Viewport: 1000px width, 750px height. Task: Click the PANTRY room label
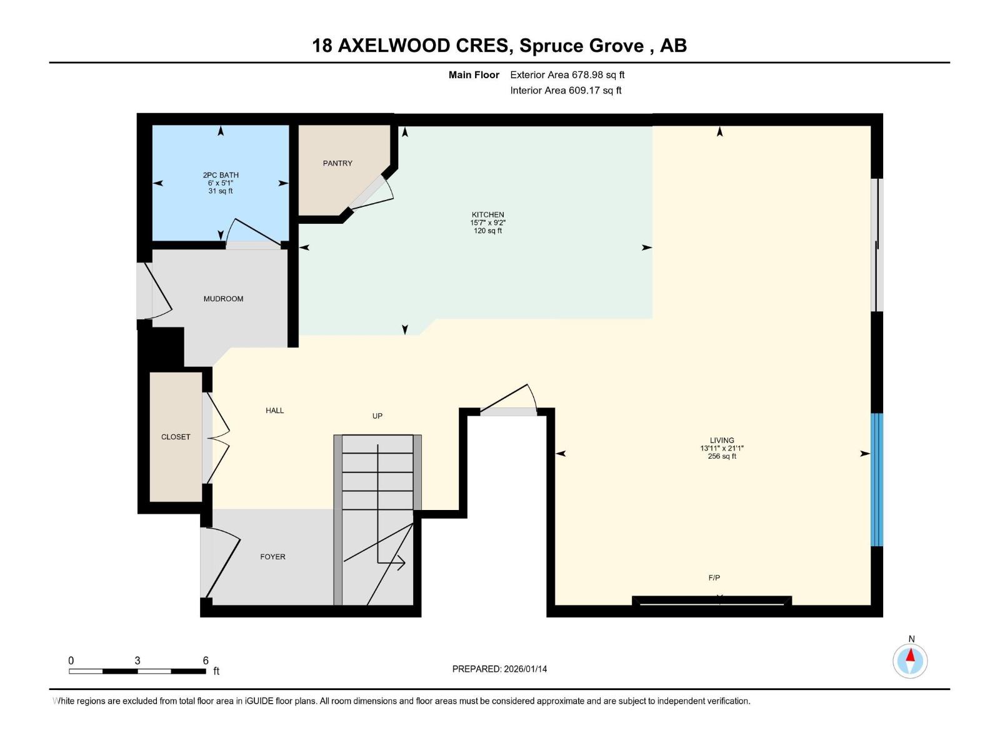337,163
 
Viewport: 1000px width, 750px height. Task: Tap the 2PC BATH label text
221,175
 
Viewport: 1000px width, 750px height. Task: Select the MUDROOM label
223,299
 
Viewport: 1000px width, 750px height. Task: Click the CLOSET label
176,437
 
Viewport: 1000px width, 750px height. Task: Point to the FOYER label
272,557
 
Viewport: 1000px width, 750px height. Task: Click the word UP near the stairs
377,416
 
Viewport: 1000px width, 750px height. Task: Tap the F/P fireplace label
714,577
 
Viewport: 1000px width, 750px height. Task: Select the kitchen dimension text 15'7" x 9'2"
487,222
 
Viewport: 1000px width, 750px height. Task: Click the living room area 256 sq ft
722,456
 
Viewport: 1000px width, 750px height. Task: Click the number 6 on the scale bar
206,661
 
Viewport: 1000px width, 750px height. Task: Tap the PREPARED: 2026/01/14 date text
499,669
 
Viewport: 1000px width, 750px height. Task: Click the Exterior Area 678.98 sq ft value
567,74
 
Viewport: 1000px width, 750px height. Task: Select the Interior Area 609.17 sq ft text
566,90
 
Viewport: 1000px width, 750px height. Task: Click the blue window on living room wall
877,479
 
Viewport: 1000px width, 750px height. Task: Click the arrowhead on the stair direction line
401,563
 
